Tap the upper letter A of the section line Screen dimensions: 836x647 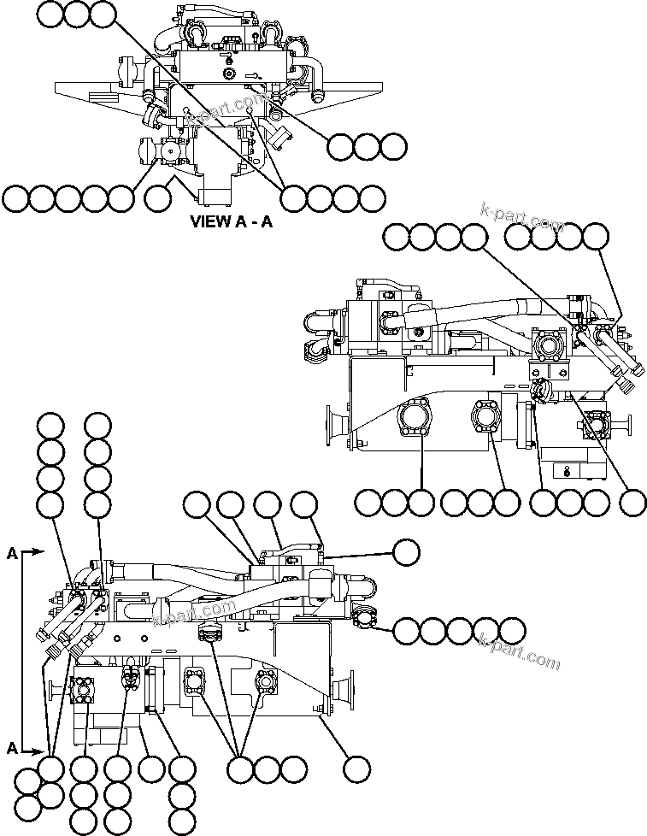pos(12,553)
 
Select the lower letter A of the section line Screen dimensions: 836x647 pos(12,748)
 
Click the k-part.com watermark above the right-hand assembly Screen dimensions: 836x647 pos(522,218)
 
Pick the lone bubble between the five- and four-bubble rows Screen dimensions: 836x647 pos(158,198)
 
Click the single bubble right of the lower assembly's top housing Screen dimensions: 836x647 pos(406,552)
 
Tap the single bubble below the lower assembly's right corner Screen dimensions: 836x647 pos(356,769)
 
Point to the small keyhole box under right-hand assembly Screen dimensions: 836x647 pos(568,469)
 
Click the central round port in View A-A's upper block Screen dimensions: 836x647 pos(228,74)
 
